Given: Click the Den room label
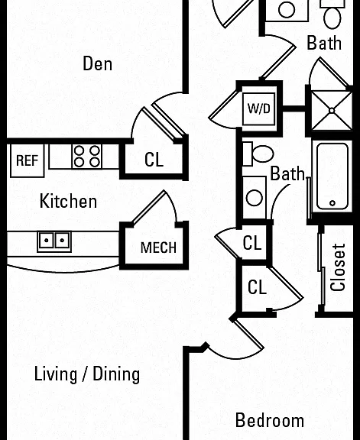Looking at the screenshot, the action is point(97,63).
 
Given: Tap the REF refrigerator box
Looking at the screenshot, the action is point(28,160).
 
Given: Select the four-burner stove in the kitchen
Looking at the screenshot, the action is point(87,157).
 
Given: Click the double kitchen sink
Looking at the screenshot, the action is point(54,241).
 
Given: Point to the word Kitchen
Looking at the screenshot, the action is point(68,201).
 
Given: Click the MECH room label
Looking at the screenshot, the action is point(158,247).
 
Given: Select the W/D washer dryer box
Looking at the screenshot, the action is point(259,108).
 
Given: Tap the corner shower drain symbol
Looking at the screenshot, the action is point(332,111).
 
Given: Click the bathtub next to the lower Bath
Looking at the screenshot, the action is point(332,176).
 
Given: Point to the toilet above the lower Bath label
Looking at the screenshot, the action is point(258,154).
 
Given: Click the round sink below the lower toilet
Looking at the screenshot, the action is point(255,197).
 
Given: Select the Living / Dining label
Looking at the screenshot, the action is point(87,374).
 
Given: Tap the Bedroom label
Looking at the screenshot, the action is point(270,420).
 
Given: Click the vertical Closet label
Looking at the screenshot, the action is point(338,267).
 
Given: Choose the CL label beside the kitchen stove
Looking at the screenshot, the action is point(154,160).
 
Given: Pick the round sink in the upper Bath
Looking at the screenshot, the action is point(287,9).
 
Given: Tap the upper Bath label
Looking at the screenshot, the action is point(324,43).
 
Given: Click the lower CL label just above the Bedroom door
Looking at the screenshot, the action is point(257,287).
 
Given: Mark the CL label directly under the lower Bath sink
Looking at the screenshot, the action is point(252,243).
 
